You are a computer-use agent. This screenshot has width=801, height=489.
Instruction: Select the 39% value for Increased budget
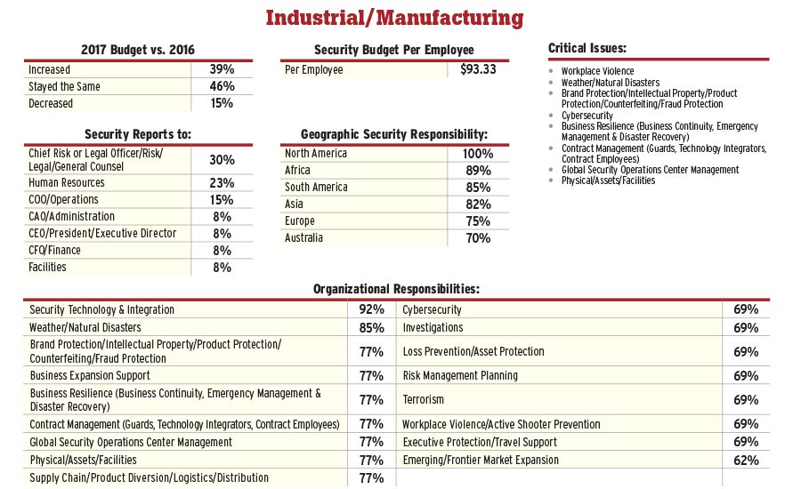(222, 69)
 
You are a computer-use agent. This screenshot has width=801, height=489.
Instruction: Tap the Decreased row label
(51, 103)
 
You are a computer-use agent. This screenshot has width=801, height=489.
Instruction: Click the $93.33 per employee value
(479, 69)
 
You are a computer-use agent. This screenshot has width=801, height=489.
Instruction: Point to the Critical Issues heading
(587, 47)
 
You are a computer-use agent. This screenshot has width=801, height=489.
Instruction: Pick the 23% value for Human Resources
(222, 182)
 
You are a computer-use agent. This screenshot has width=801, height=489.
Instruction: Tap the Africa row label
(297, 171)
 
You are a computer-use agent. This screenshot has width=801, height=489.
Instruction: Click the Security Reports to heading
(138, 134)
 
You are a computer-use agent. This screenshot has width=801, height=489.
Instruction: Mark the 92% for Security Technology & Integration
(371, 310)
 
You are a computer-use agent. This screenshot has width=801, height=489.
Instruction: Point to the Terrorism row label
(424, 400)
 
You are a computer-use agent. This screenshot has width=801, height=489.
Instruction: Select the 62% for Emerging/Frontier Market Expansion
(746, 461)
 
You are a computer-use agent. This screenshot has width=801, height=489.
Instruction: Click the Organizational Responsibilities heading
(396, 289)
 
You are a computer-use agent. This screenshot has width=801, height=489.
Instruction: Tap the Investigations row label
(433, 328)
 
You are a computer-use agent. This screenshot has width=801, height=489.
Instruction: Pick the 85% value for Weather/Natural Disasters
(371, 328)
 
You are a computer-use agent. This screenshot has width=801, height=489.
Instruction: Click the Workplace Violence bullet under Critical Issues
(598, 71)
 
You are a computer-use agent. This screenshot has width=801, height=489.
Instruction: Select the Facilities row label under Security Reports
(47, 267)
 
